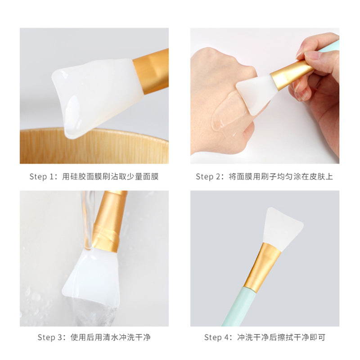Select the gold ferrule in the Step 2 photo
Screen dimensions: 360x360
pos(292,74)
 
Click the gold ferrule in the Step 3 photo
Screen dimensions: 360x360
pos(109,221)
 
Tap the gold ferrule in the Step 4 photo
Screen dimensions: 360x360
pos(262,267)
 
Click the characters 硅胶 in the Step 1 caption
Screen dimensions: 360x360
pos(74,176)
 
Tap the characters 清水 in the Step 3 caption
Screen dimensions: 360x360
pos(110,337)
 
